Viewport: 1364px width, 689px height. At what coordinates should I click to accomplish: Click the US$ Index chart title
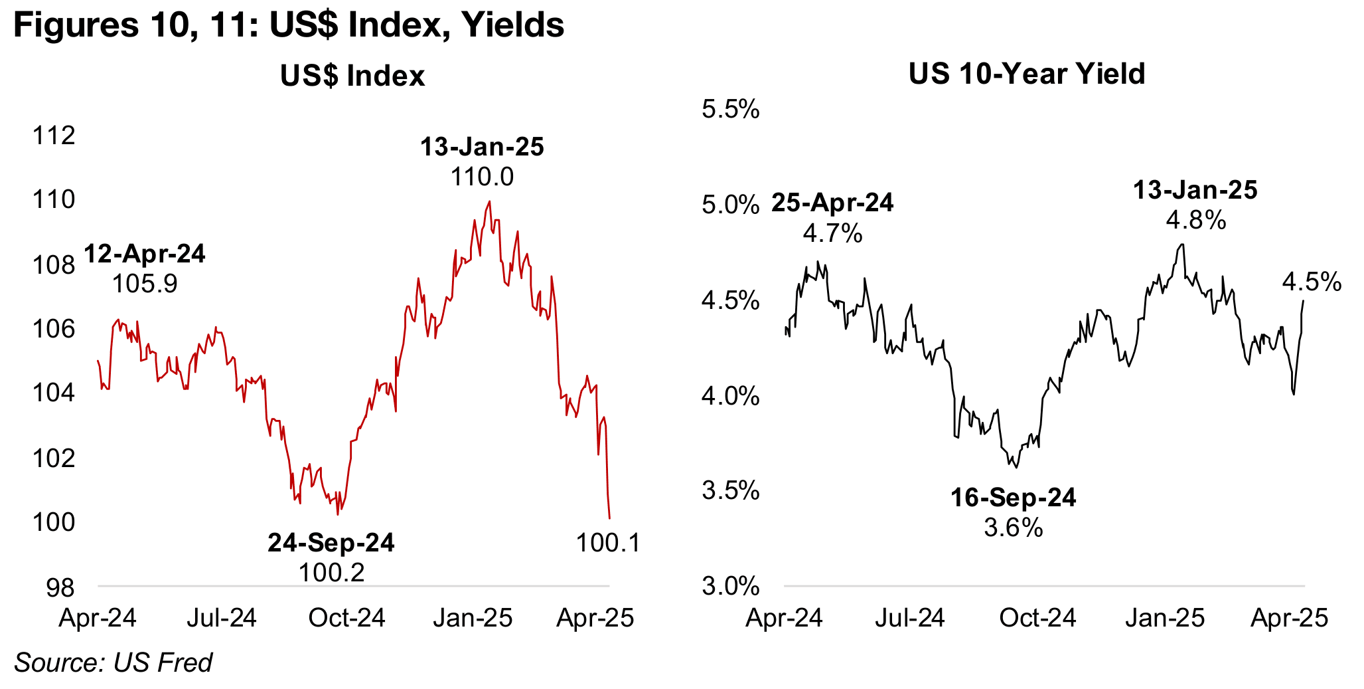pos(352,76)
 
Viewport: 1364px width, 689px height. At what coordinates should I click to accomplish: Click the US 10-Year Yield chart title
pos(1026,74)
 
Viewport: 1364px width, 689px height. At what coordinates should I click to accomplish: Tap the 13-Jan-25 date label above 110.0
pos(482,147)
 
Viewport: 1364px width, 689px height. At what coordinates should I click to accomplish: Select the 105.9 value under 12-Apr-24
pos(145,284)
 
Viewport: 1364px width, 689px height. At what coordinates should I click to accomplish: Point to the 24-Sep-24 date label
pos(331,543)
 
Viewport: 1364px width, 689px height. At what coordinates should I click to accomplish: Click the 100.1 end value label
pos(608,543)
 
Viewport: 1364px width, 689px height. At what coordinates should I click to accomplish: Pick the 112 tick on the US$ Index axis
pos(54,136)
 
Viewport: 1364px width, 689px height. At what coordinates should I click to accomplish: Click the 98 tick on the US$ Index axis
pos(60,588)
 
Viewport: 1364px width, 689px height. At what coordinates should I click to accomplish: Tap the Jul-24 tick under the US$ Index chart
pos(221,618)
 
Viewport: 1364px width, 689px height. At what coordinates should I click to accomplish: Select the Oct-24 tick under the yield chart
pos(1037,618)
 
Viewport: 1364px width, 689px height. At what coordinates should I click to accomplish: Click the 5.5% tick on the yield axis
pos(730,110)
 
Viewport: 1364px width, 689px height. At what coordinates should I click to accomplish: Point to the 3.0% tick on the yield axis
pos(730,587)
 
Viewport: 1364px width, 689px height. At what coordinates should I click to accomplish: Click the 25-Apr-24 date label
pos(832,203)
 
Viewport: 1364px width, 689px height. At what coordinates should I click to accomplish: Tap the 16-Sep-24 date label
pos(1013,498)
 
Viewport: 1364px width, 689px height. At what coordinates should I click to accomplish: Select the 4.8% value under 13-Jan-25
pos(1195,220)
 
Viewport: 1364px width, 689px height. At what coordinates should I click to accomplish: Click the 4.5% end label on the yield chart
pos(1312,282)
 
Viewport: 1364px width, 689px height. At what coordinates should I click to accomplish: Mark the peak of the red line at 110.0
pos(489,201)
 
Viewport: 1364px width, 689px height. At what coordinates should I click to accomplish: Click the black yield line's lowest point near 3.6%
pos(1016,467)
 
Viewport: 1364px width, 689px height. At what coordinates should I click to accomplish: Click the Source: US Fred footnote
pos(113,662)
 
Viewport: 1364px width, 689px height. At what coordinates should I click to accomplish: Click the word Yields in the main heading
pos(512,25)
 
